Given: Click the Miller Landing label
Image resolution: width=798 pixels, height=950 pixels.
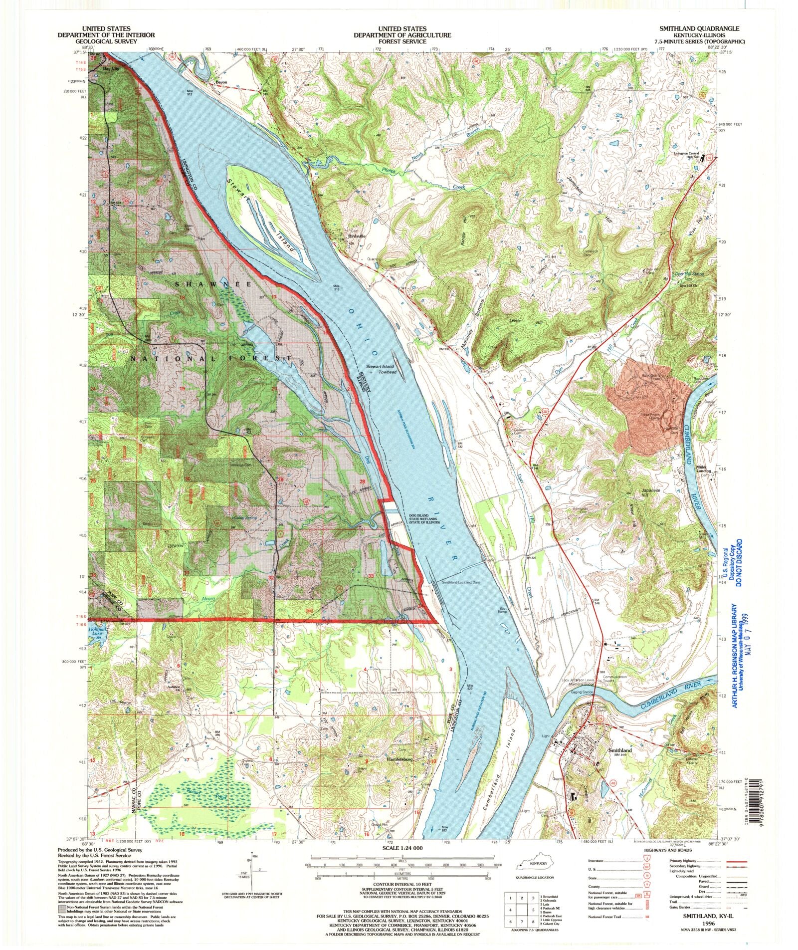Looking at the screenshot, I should tap(703, 470).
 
